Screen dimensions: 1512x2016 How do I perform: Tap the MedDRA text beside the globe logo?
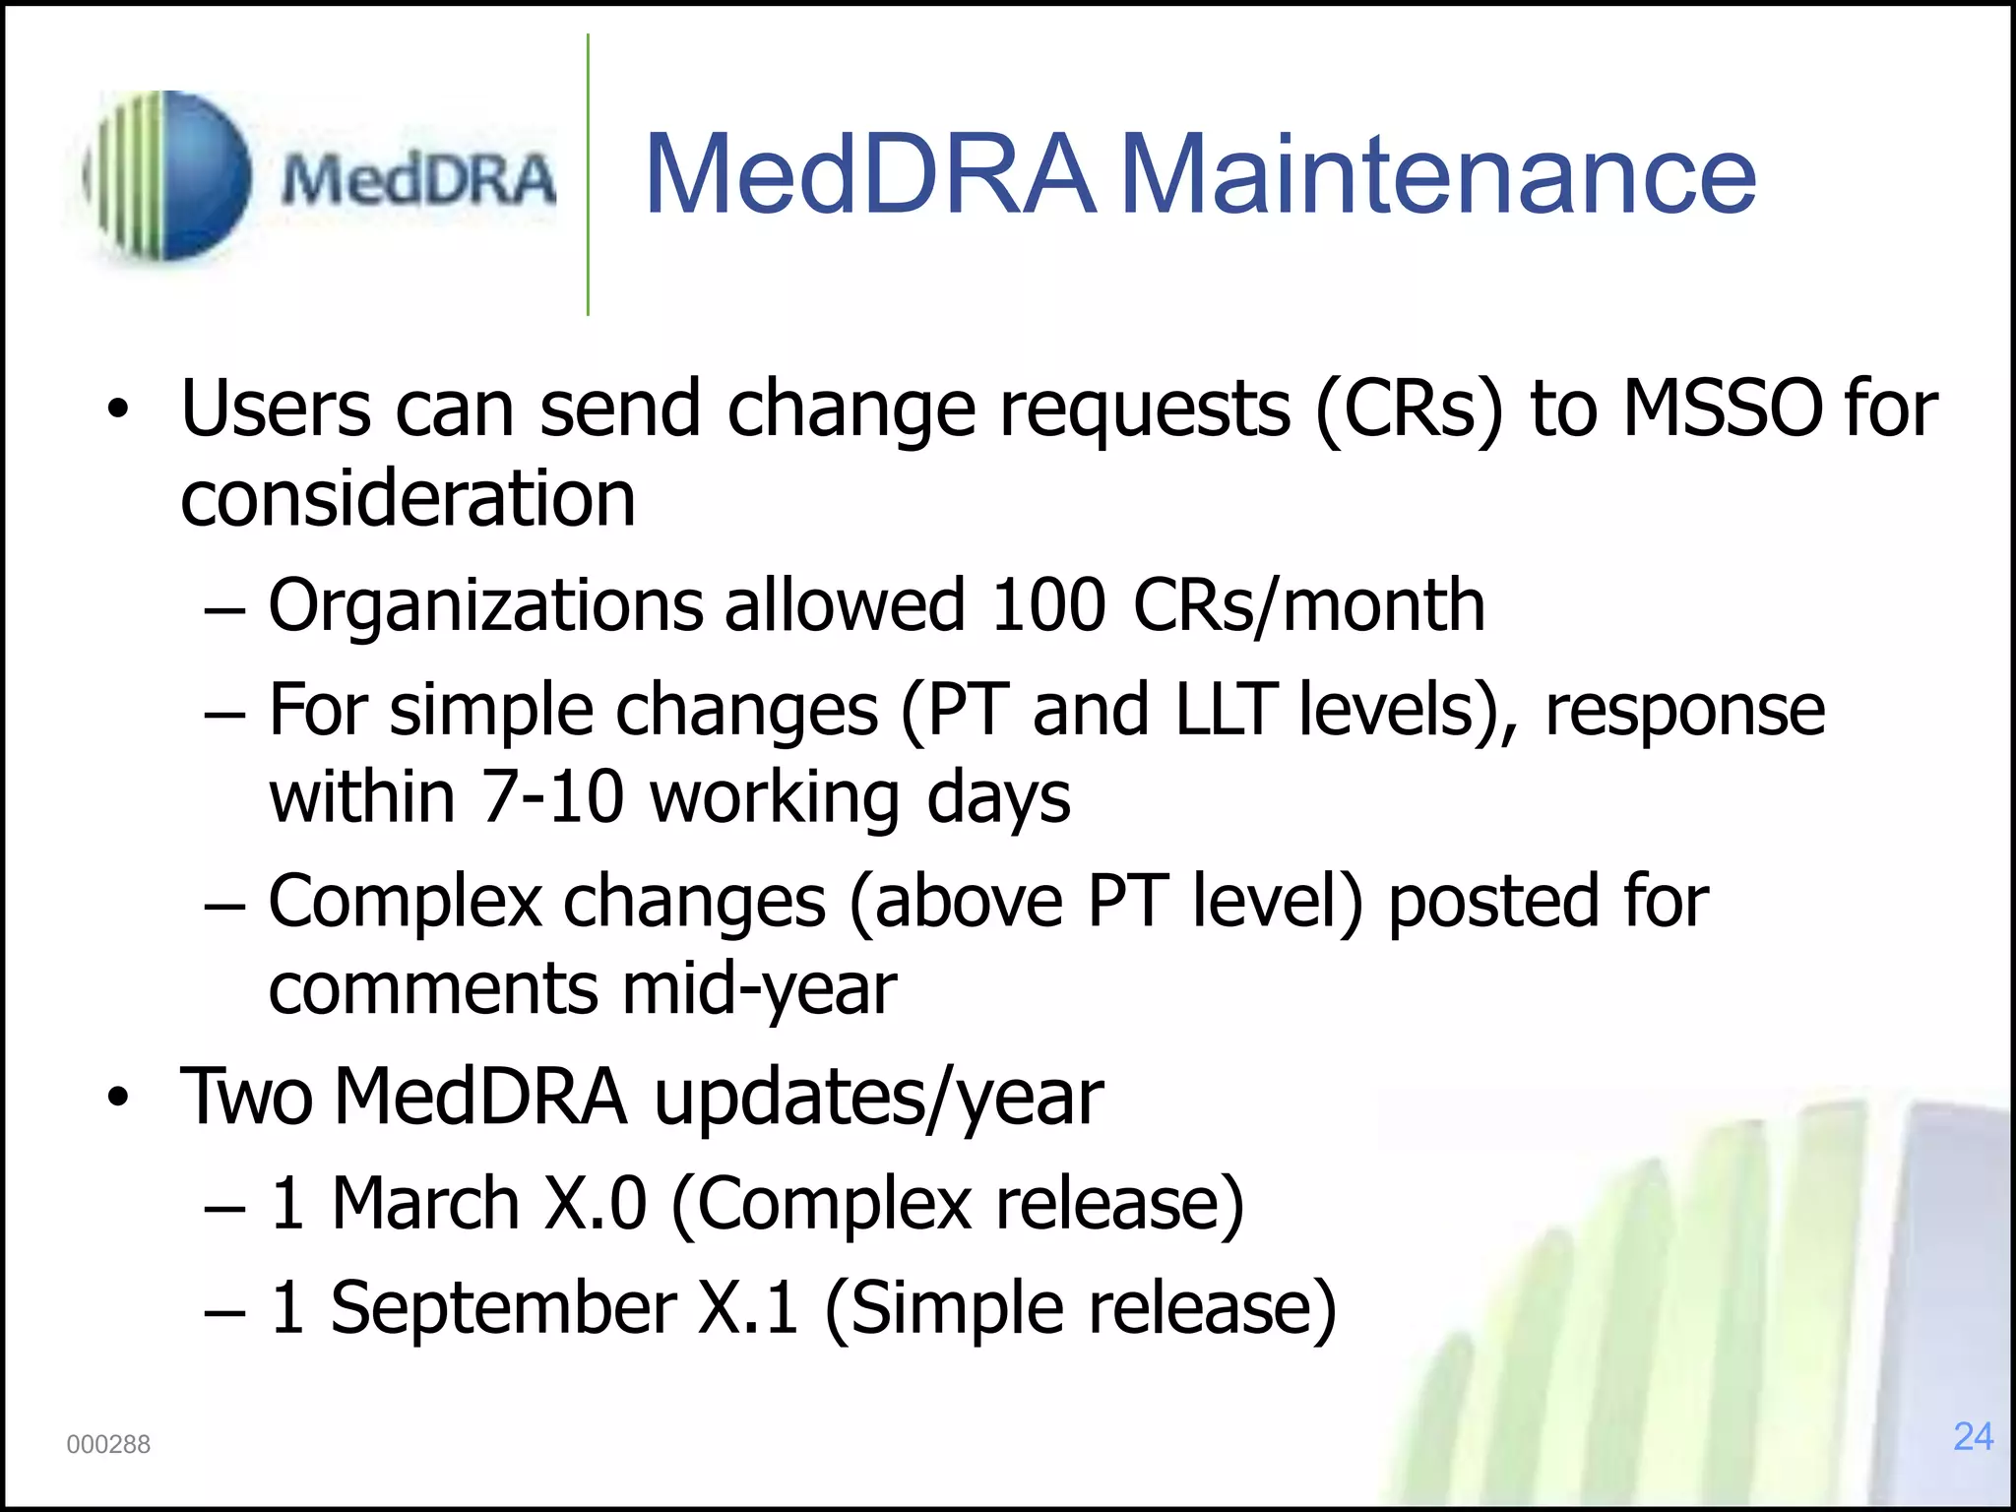[x=418, y=181]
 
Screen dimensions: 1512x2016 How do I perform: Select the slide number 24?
[x=1973, y=1436]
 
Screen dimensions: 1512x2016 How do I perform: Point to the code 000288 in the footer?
[x=108, y=1444]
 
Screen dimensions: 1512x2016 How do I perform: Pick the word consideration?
[x=408, y=498]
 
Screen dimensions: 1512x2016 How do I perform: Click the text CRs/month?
[x=1309, y=606]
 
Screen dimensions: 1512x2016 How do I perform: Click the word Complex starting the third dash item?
[x=405, y=902]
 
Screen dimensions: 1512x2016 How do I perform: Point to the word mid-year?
[x=759, y=989]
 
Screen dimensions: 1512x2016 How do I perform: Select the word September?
[x=503, y=1307]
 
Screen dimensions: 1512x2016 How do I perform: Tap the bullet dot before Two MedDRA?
[x=118, y=1099]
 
